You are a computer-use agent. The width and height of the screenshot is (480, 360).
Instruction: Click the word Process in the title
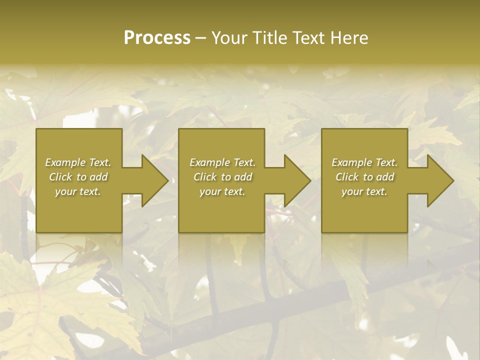click(157, 38)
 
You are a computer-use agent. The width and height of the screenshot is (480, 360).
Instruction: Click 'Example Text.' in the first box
click(78, 162)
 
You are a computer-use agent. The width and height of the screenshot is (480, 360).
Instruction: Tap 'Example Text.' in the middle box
click(222, 162)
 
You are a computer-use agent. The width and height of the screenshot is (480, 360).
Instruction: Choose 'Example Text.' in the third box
click(364, 162)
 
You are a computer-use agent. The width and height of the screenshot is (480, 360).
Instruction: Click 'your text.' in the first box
click(78, 191)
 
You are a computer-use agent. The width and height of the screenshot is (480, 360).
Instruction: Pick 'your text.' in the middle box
click(222, 191)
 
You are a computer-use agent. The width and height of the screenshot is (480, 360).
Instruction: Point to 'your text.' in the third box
click(364, 191)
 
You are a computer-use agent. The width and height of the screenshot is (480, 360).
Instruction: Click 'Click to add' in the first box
click(78, 177)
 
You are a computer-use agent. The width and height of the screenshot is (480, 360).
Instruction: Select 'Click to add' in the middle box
click(222, 177)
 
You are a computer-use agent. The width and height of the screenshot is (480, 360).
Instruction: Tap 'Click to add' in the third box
click(364, 177)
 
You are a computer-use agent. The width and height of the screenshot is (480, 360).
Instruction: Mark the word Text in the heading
click(306, 38)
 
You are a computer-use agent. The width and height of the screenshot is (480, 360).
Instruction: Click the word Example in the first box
click(65, 162)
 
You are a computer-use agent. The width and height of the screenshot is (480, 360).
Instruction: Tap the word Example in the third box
click(351, 162)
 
